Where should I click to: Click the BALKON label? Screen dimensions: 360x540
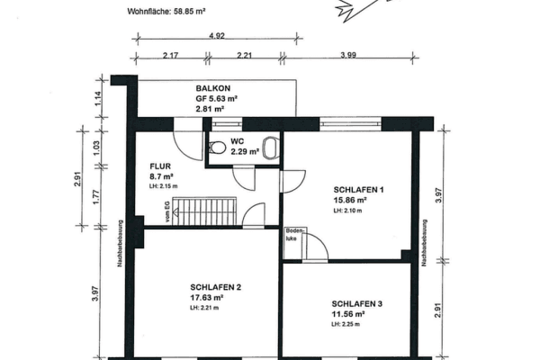214,89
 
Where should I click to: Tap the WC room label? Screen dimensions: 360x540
238,141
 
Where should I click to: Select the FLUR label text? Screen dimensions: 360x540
160,166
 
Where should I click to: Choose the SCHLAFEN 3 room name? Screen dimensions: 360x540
357,305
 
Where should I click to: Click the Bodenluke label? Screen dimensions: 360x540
292,235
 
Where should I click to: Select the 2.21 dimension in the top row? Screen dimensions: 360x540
243,58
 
